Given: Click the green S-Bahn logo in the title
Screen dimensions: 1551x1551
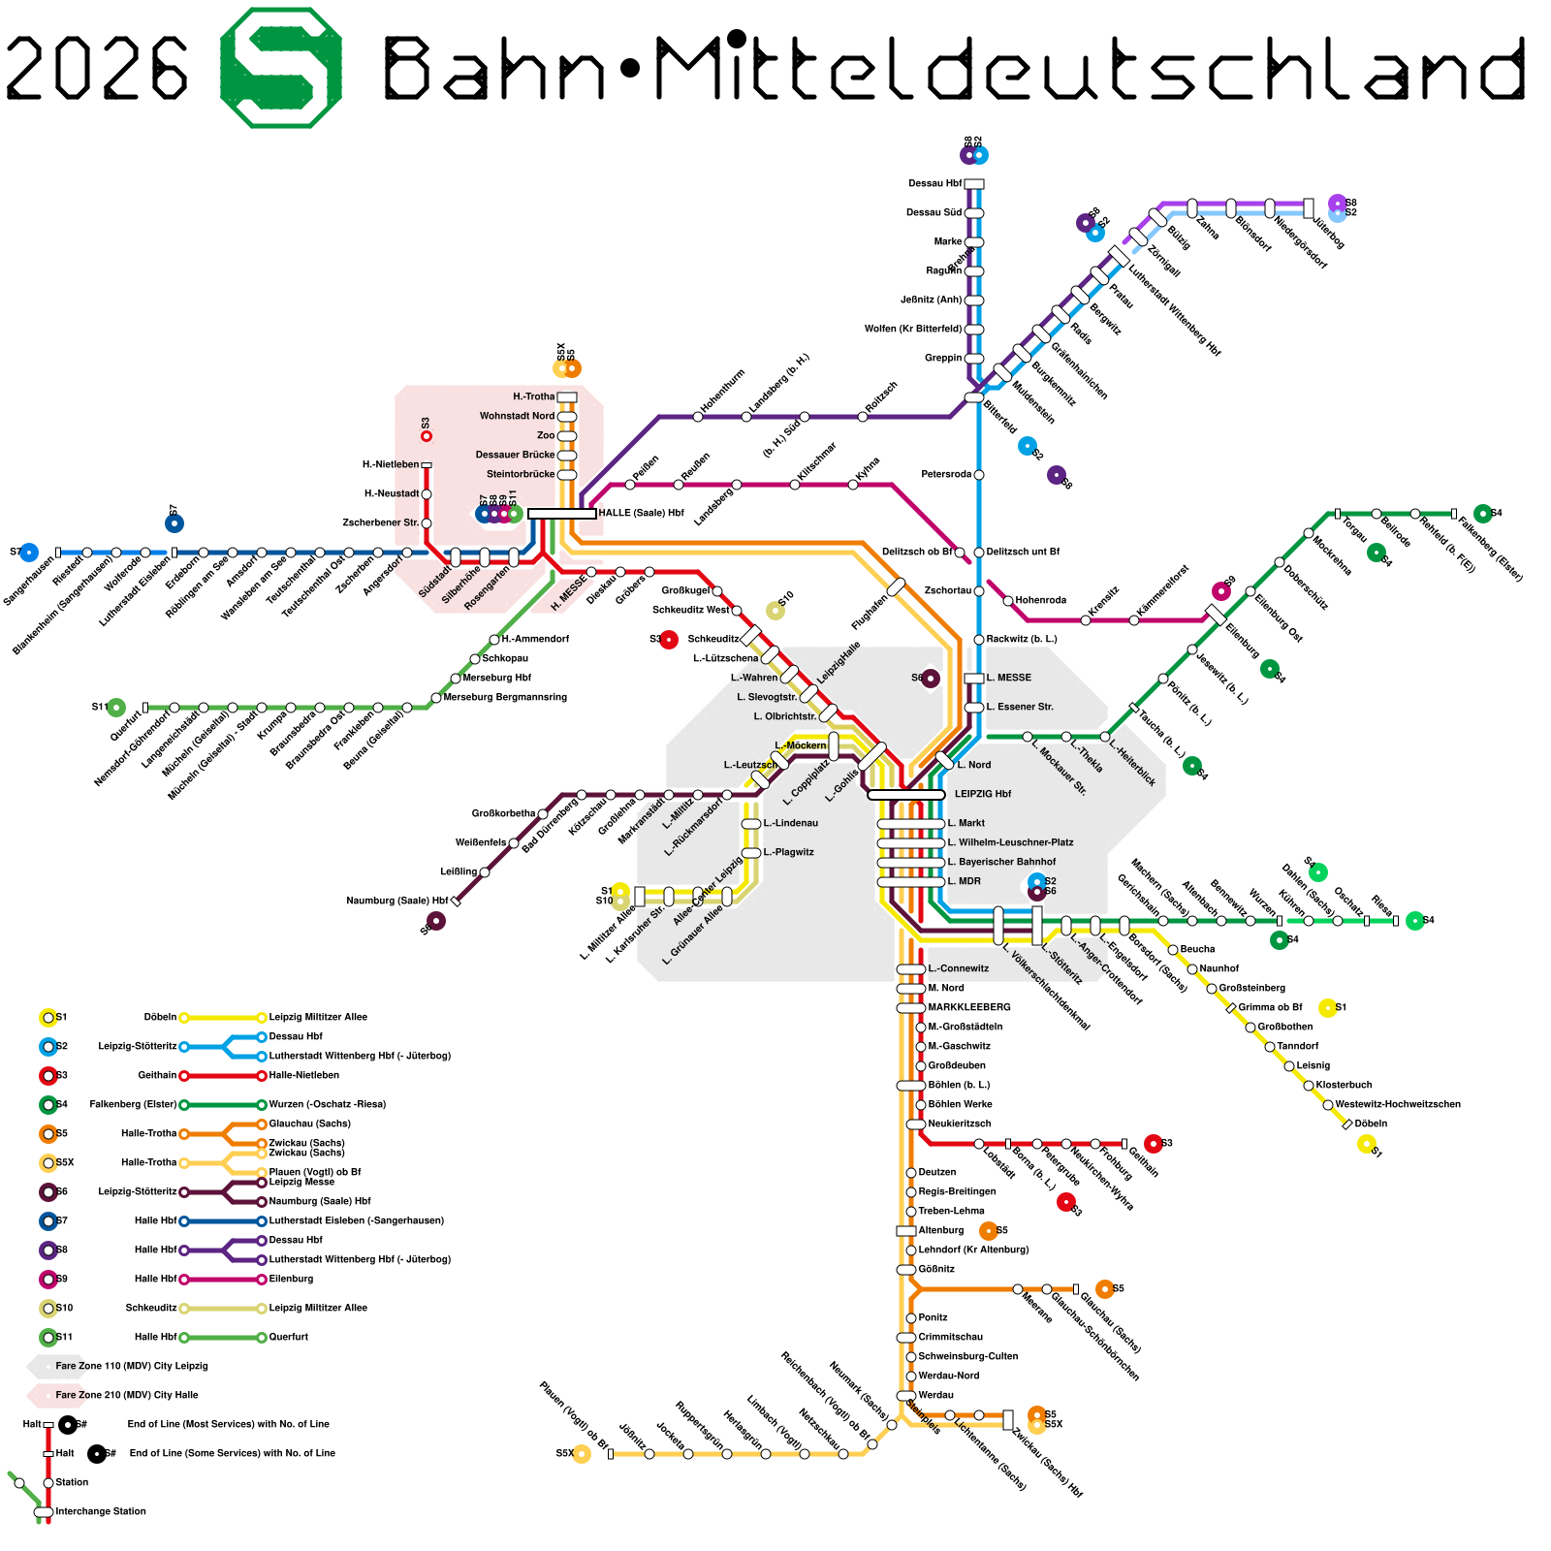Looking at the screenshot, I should [281, 68].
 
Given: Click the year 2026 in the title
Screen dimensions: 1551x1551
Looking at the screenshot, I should [97, 68].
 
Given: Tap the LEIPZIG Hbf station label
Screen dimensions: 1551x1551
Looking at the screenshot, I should [982, 794].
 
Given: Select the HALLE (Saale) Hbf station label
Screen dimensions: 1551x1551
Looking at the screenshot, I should [641, 513].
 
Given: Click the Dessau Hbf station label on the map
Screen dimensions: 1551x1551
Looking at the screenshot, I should [934, 183].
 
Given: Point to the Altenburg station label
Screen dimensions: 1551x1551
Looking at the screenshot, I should [940, 1230].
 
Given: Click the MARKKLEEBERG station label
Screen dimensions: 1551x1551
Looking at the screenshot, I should [969, 1007].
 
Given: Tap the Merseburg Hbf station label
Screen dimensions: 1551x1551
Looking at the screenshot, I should [496, 678].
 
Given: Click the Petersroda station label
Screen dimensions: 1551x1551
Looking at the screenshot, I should [946, 474].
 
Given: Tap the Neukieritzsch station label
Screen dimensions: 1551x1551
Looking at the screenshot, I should [959, 1124].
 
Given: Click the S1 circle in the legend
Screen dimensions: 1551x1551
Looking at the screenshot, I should [47, 1017].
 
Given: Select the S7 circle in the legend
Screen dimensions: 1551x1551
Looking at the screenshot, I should [47, 1220].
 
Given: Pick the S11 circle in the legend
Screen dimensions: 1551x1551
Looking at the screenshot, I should [47, 1337].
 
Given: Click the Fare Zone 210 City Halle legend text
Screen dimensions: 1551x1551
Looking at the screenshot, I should [126, 1395].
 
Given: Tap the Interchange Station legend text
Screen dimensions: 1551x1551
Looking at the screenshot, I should [101, 1511].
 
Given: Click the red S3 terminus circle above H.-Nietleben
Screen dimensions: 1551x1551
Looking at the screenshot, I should [426, 436].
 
